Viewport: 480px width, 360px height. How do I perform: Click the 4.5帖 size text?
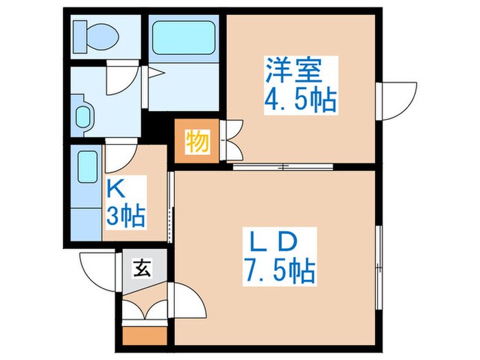point(300,101)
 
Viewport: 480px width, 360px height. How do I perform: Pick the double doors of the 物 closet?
point(232,141)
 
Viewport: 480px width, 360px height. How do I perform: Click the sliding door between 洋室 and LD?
point(283,166)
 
